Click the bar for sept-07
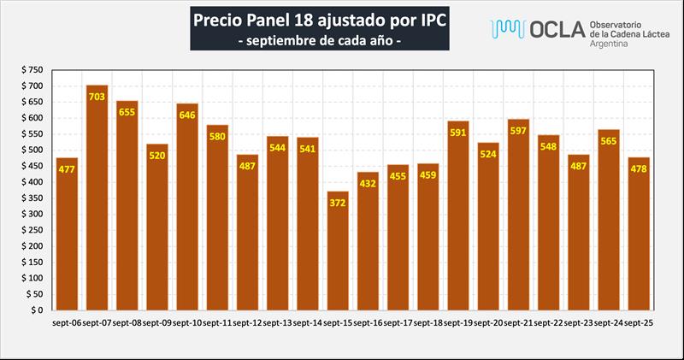(x=97, y=198)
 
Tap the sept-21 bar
(x=518, y=215)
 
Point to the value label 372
(x=338, y=204)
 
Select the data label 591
(x=458, y=133)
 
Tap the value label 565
(x=608, y=142)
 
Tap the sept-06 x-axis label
(x=67, y=323)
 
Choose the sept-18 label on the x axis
(x=427, y=323)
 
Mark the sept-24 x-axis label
(x=608, y=323)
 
